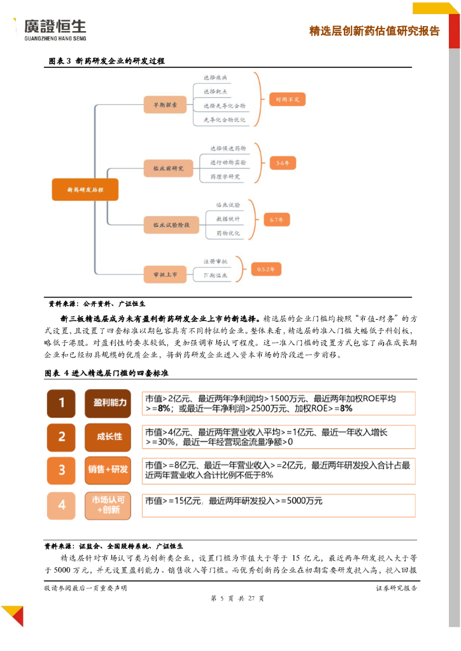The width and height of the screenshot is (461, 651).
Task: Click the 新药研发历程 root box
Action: (x=85, y=189)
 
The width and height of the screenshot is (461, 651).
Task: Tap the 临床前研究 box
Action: (x=168, y=168)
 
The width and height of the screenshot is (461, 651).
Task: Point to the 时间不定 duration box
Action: (x=287, y=100)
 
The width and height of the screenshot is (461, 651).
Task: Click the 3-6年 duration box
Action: (x=283, y=163)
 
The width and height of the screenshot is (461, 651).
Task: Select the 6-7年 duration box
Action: (x=276, y=219)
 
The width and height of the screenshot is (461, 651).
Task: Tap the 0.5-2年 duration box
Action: (x=266, y=270)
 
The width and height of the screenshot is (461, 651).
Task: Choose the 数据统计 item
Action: (x=227, y=219)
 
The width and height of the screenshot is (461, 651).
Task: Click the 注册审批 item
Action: (x=215, y=261)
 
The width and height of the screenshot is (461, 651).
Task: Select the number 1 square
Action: (x=62, y=403)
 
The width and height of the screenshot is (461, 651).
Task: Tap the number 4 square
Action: (x=62, y=505)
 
